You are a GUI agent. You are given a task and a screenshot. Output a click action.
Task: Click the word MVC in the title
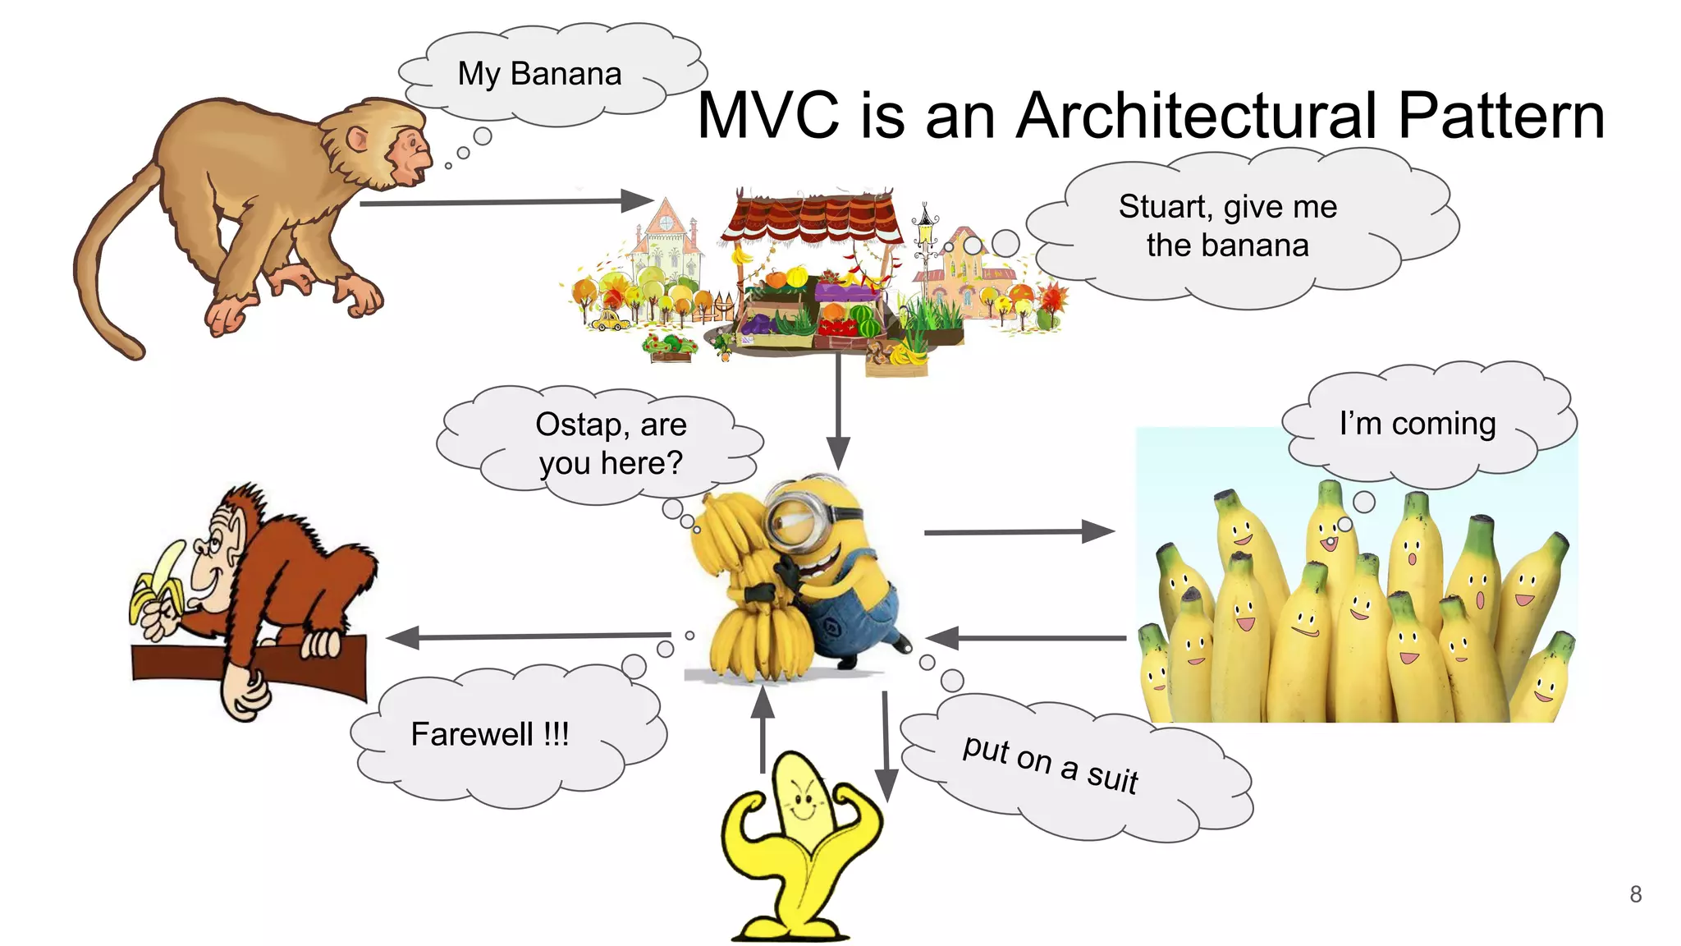[x=767, y=117]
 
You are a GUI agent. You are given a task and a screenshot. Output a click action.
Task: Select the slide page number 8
[x=1635, y=894]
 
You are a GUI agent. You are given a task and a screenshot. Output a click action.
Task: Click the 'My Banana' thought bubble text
[x=539, y=74]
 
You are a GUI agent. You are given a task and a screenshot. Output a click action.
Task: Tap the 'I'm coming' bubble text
[x=1418, y=424]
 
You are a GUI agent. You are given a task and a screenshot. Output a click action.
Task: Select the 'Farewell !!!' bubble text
[x=489, y=734]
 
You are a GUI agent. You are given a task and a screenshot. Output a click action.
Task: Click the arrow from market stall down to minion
[x=838, y=411]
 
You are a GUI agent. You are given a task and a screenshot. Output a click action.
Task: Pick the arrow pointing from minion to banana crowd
[x=1018, y=532]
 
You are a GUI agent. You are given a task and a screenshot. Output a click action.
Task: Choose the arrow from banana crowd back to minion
[x=1026, y=638]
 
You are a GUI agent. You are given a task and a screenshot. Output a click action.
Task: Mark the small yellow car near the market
[x=609, y=319]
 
